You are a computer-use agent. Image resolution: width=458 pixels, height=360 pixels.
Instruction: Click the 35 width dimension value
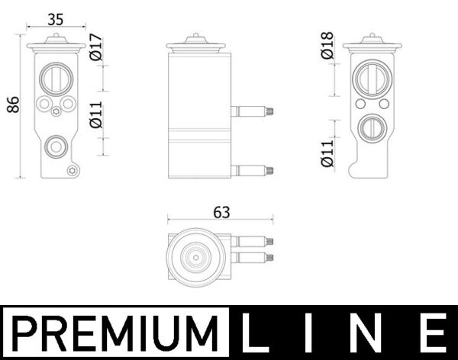[54, 19]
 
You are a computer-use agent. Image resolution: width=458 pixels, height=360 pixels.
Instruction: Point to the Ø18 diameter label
[327, 47]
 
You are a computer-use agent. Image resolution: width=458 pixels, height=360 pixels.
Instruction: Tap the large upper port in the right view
[373, 79]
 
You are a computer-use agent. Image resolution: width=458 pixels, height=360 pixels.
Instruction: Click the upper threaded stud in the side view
[253, 111]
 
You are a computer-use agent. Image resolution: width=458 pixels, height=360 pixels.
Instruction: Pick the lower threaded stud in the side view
[253, 170]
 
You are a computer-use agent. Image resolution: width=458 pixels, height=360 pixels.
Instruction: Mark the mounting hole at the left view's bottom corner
[72, 170]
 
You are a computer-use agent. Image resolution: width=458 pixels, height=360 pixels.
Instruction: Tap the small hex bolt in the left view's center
[56, 114]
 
